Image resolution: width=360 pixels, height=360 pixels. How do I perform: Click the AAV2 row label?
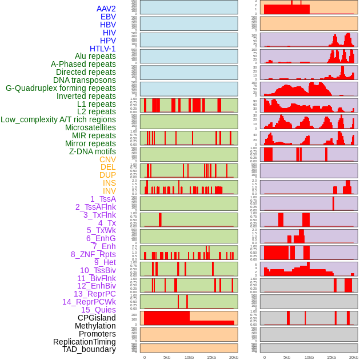[106, 9]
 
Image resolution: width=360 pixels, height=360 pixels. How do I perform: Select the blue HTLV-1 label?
[102, 49]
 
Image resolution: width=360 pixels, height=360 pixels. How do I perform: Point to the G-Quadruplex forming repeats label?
[61, 88]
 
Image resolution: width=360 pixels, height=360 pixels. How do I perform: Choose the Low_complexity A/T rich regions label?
[58, 119]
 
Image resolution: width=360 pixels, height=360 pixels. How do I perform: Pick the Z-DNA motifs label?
[92, 151]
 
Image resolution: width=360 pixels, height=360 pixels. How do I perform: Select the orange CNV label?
[107, 159]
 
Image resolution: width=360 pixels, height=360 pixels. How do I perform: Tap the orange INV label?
[109, 191]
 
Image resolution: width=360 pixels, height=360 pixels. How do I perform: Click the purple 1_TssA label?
[103, 199]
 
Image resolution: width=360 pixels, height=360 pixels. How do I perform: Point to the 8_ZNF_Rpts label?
[93, 254]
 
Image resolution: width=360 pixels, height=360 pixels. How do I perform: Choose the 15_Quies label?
[98, 310]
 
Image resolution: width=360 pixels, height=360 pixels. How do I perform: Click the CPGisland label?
[97, 318]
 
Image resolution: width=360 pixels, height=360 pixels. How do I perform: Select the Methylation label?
[95, 326]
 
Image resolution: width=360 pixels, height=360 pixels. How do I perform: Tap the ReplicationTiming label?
[85, 342]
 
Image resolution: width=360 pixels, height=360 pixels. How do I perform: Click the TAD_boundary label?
[89, 349]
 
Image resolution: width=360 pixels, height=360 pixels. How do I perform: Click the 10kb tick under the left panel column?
[189, 357]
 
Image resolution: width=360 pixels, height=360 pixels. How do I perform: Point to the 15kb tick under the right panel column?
[331, 357]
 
